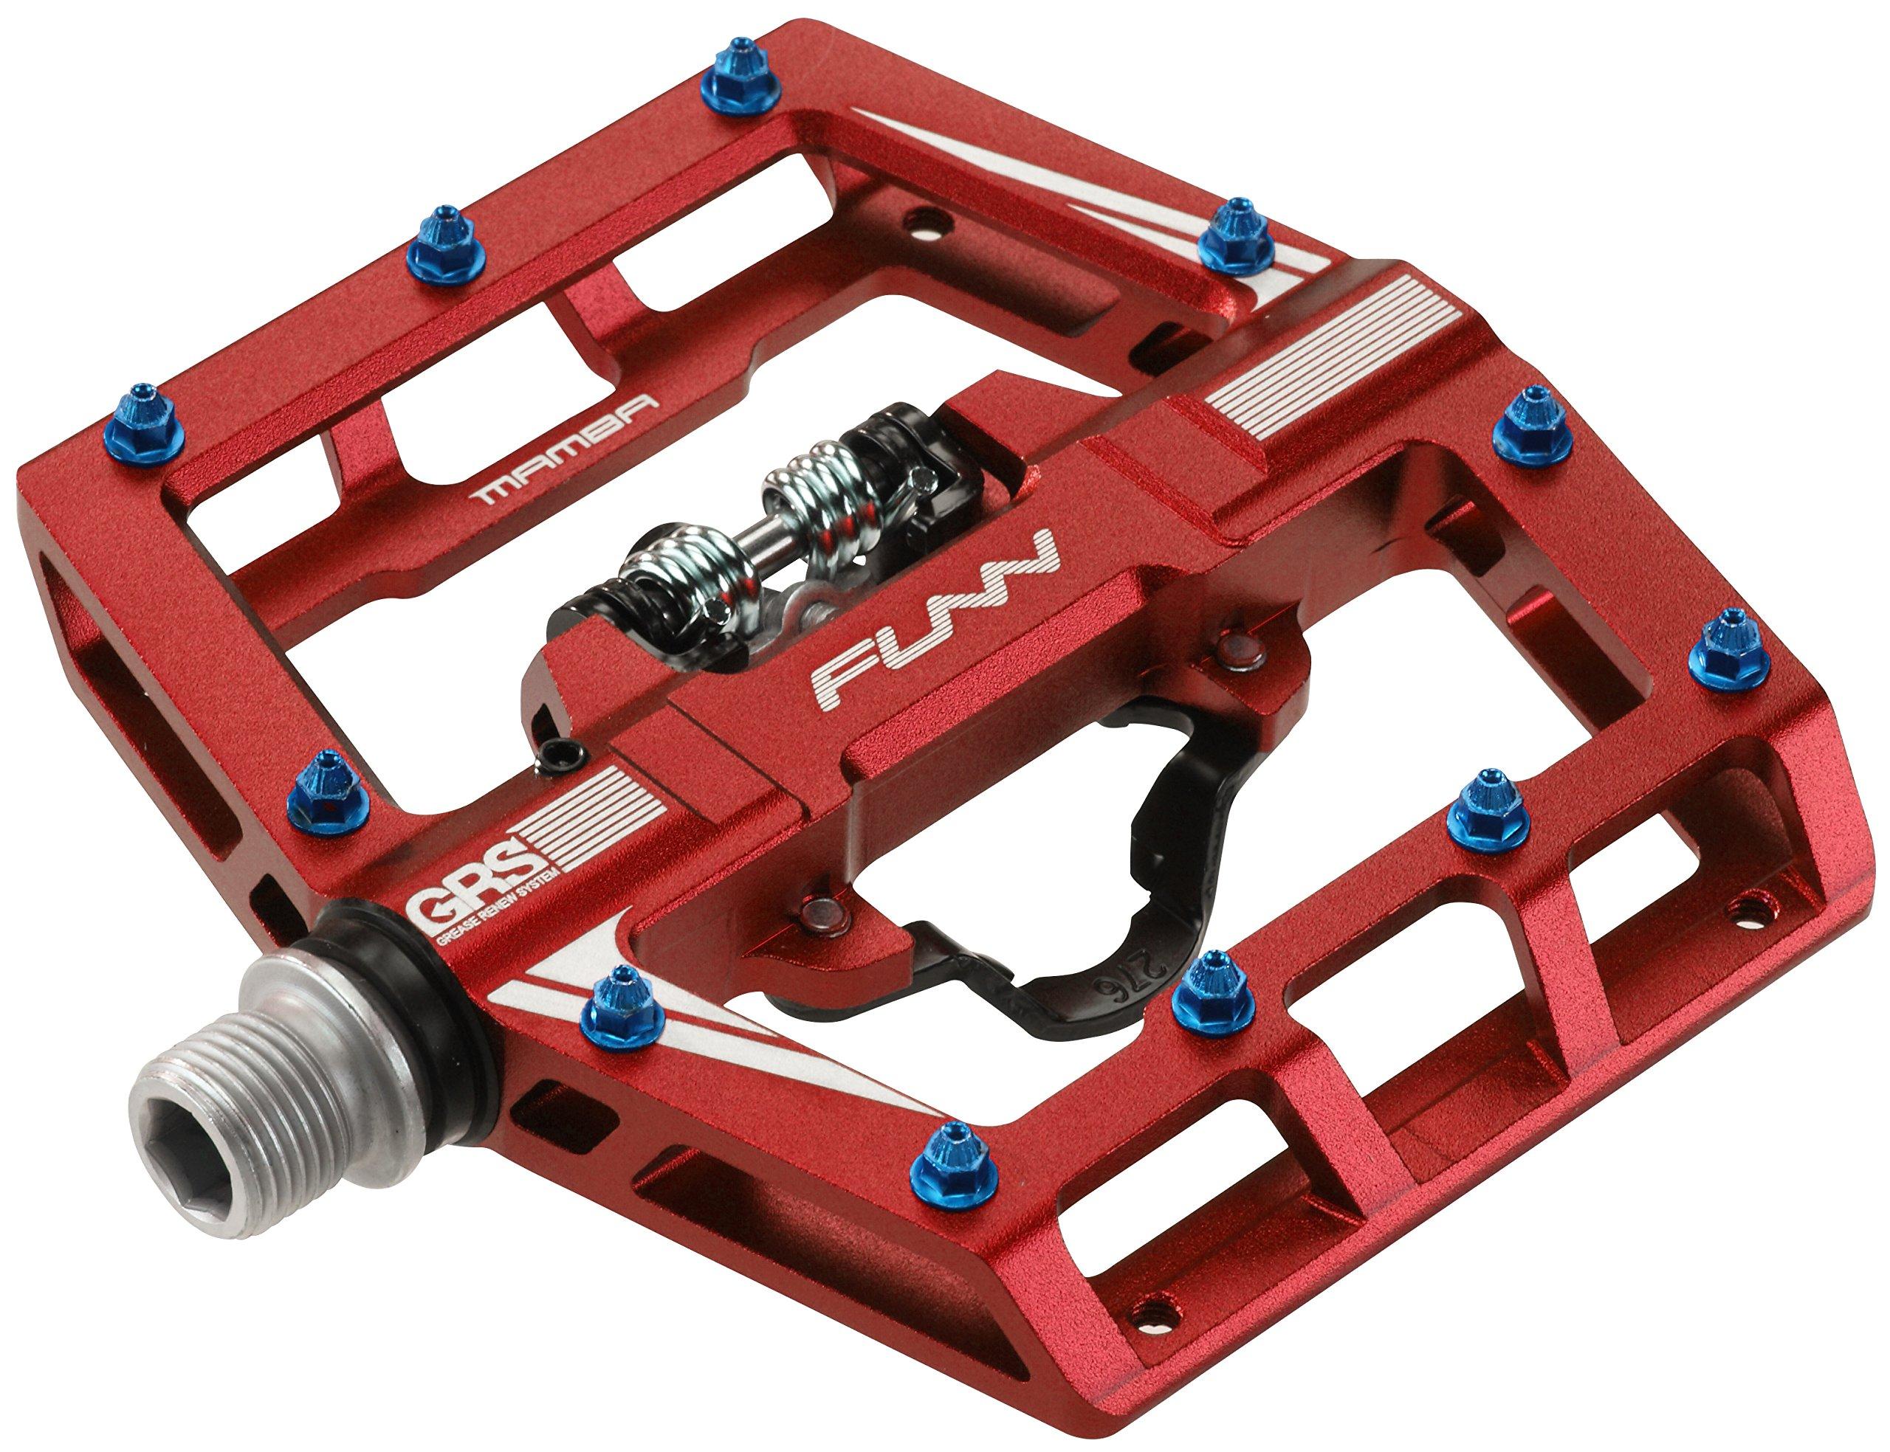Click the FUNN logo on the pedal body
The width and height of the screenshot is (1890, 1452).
tap(938, 631)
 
